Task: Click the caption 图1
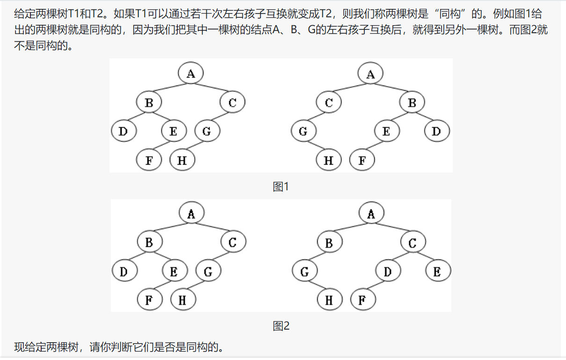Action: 281,187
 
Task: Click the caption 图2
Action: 281,326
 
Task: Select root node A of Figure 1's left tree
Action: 190,73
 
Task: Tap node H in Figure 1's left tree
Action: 182,160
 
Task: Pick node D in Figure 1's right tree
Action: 436,131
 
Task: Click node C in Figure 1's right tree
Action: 328,102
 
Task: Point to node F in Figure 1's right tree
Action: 362,160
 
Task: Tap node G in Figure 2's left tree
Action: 208,272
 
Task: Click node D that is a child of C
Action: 387,272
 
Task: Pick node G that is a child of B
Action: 305,272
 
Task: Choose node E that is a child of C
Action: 437,272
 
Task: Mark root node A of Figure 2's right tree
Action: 371,214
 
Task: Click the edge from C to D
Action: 399,257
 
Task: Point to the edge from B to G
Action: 317,257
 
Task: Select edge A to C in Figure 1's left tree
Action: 211,87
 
